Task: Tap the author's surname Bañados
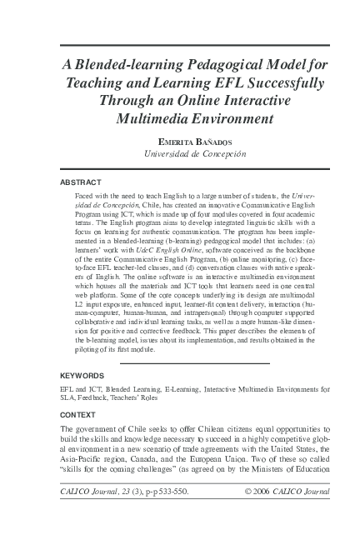(205, 142)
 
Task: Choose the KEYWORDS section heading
(83, 376)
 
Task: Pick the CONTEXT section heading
(78, 414)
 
